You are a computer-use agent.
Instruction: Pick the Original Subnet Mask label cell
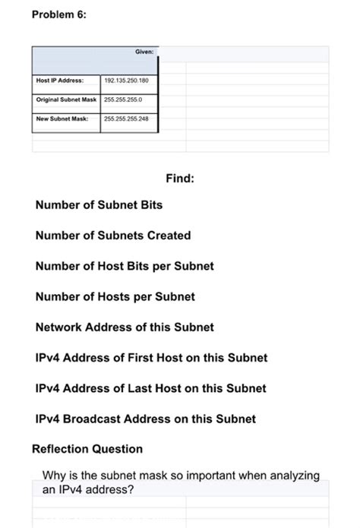66,100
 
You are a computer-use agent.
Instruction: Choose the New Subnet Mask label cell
62,119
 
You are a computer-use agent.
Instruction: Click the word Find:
180,179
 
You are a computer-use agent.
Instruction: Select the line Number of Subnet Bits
99,205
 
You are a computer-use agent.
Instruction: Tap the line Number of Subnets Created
113,236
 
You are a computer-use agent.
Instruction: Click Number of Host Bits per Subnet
125,266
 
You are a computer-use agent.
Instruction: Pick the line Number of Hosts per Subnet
115,296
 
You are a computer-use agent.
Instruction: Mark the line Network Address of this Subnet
125,327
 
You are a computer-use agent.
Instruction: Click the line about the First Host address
151,357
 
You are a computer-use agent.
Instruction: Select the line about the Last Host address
150,388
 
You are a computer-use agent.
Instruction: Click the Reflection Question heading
87,449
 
